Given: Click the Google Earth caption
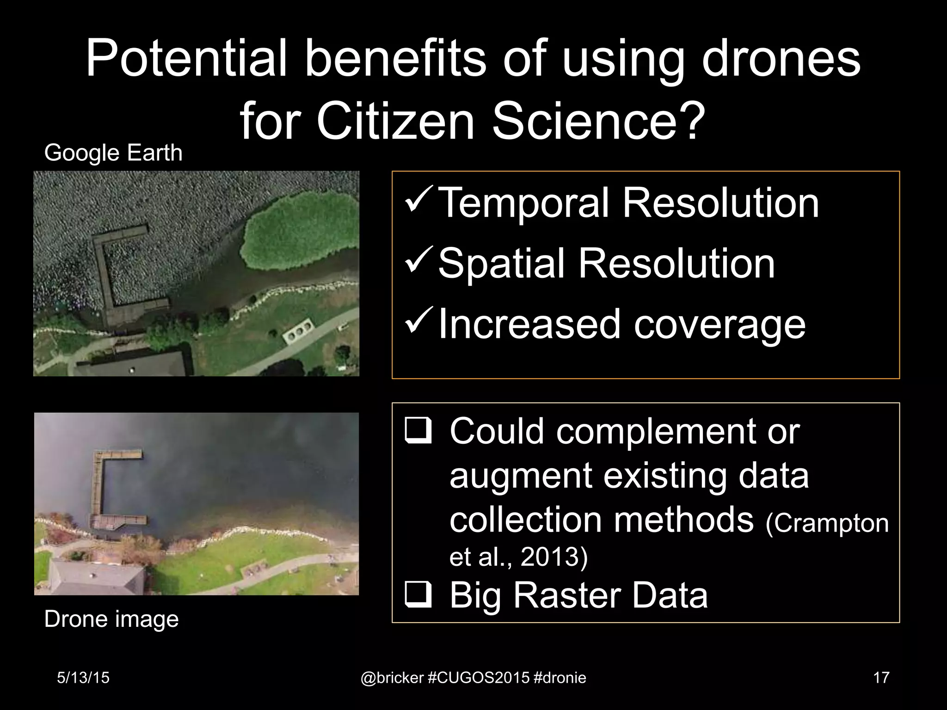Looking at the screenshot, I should [x=113, y=153].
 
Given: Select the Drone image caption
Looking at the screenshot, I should [x=111, y=619].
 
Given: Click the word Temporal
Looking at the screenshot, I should [x=522, y=203].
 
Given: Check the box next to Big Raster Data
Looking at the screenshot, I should [x=418, y=595].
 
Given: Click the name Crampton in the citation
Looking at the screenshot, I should [x=827, y=523].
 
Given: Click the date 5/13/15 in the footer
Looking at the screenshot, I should [x=83, y=678].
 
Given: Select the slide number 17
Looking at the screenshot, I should [x=881, y=678].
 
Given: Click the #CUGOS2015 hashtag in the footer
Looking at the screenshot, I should [x=479, y=678].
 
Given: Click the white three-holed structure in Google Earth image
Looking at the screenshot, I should [x=299, y=331].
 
